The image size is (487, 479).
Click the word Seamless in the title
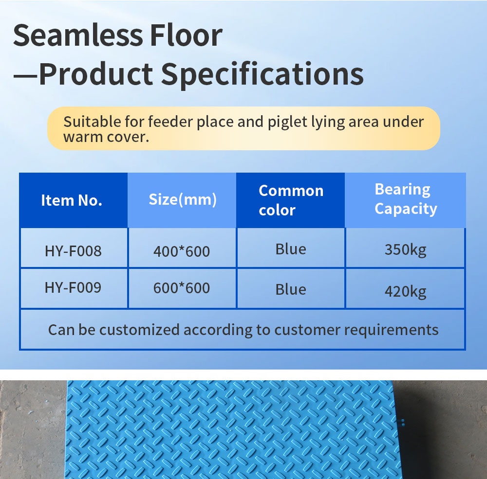point(78,35)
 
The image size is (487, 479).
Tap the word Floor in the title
point(186,35)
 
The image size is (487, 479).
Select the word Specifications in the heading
point(262,74)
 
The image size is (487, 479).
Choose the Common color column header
point(291,200)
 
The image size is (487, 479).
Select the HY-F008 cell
point(74,251)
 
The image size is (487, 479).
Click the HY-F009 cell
point(74,287)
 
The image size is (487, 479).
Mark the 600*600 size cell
point(182,288)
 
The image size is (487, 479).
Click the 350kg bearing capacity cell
point(405,250)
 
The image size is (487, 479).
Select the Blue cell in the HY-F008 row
point(291,249)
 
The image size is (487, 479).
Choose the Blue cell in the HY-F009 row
point(291,289)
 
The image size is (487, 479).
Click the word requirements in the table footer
point(392,330)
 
